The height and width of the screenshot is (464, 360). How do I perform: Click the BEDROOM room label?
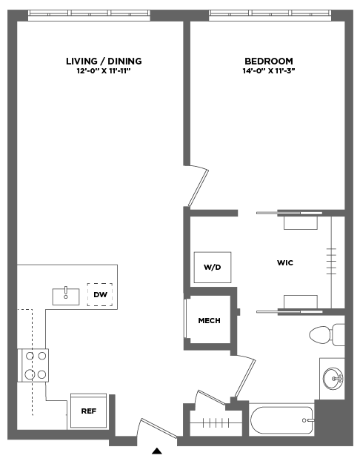269,62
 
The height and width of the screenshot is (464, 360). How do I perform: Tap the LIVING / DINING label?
104,62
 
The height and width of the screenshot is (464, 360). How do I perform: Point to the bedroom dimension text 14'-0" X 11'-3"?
269,71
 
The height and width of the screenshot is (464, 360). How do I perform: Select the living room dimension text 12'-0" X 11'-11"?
104,71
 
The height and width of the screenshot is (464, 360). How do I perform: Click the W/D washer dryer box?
213,268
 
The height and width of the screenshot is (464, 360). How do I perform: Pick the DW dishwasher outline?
100,294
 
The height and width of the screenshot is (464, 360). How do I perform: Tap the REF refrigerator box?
88,411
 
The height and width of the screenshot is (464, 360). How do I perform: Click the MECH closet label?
209,320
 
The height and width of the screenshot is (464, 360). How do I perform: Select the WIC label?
285,263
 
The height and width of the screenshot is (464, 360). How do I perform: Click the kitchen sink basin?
66,296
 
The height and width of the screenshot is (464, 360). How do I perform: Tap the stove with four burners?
33,365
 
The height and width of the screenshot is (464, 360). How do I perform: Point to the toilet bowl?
320,335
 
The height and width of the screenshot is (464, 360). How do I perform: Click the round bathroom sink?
333,379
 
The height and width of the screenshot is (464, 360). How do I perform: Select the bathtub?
281,420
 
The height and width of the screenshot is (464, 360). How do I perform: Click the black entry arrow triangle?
157,451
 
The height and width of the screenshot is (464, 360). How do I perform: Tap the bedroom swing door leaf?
199,188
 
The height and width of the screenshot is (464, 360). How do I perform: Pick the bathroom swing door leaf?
245,378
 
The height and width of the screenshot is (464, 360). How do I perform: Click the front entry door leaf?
159,428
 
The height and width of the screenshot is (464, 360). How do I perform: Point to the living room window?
89,15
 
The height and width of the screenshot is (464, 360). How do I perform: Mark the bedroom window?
270,15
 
